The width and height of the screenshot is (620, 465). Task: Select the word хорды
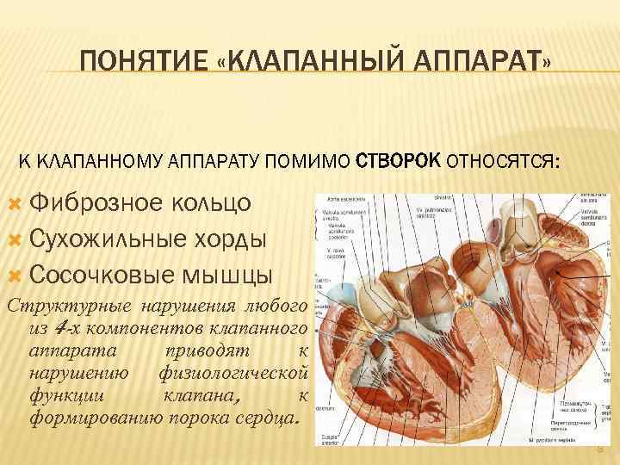pyautogui.click(x=234, y=239)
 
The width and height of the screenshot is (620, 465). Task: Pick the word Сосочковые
pyautogui.click(x=106, y=275)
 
